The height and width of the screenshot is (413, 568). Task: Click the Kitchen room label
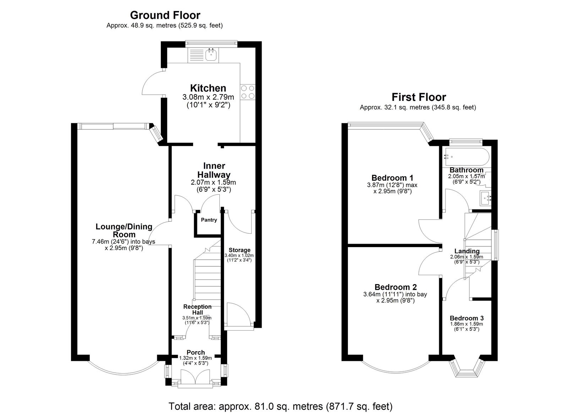(x=208, y=88)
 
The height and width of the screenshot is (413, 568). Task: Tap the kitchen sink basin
(x=211, y=54)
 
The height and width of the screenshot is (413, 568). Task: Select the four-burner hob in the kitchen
(x=248, y=92)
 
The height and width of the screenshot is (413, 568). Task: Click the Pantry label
(x=209, y=220)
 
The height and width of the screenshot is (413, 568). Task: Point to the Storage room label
(x=239, y=250)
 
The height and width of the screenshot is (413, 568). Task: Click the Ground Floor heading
(x=165, y=15)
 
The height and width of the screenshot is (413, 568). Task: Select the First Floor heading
(x=419, y=97)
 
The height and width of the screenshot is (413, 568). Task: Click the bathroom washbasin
(x=485, y=198)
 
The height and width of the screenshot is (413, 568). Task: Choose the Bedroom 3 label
(x=466, y=318)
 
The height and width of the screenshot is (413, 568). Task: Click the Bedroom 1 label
(x=392, y=178)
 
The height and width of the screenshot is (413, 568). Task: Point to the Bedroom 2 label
(x=395, y=287)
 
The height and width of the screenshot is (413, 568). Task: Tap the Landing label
(x=467, y=251)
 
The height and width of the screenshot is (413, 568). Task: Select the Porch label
(x=196, y=352)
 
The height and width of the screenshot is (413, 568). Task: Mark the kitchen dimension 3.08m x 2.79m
(x=208, y=97)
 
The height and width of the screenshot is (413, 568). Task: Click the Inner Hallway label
(x=214, y=170)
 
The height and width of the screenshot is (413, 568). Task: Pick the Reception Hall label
(x=197, y=310)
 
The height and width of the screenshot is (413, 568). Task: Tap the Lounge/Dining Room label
(x=124, y=230)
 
